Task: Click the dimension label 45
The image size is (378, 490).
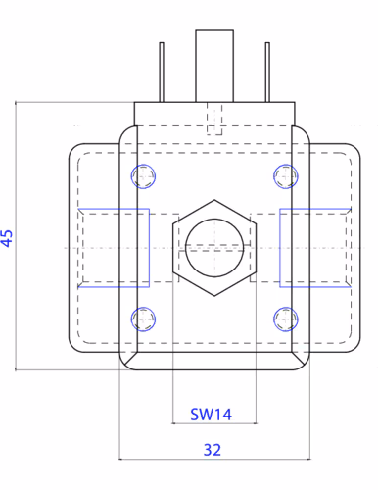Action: coord(7,238)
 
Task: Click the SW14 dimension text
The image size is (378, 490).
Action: coord(211,415)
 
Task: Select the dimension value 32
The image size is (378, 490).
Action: coord(213,450)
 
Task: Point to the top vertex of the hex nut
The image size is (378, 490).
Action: coord(214,200)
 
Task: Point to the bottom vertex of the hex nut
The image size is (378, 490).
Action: coord(214,296)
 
